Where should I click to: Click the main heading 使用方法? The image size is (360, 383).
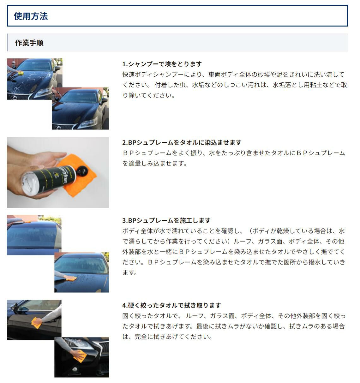point(31,16)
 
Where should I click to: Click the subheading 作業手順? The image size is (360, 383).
point(29,43)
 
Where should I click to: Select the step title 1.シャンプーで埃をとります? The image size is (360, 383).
point(162,64)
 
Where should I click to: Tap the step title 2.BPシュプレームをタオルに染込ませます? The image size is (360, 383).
point(182,142)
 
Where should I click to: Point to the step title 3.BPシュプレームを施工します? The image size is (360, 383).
point(166,220)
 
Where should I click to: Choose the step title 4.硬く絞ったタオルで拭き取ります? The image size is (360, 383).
point(171,305)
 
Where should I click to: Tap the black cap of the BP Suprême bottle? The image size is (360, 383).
point(82,171)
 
